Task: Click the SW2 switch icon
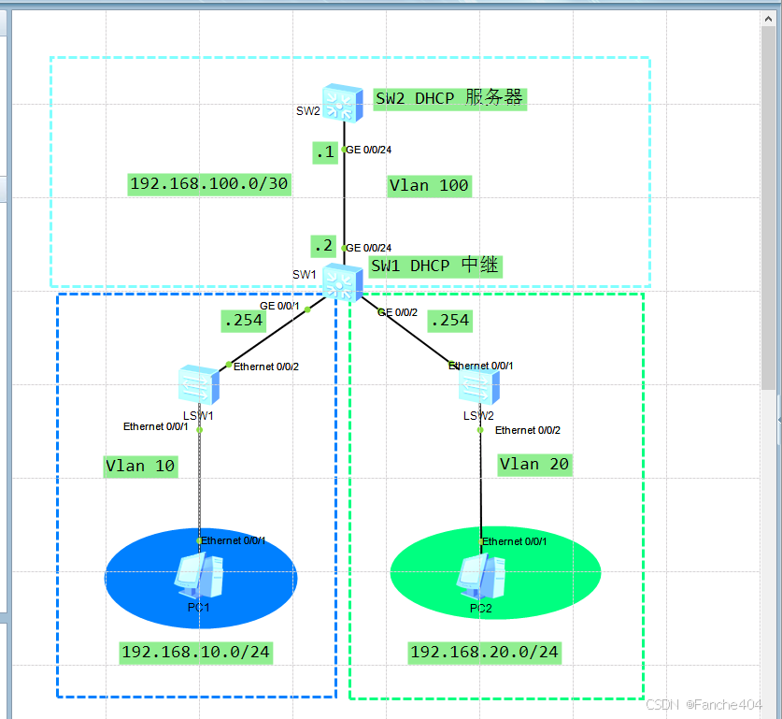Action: point(343,103)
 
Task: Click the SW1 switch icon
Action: point(343,281)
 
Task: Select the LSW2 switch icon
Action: point(480,386)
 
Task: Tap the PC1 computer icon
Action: point(199,576)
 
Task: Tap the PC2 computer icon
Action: point(480,576)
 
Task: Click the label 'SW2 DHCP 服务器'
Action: point(449,98)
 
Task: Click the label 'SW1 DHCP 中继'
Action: point(435,266)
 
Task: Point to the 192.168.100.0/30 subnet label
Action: point(209,184)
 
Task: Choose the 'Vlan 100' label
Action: point(429,185)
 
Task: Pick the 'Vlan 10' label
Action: point(140,466)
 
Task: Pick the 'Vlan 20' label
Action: point(533,464)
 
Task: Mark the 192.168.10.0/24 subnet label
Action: point(196,652)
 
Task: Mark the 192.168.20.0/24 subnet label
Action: point(485,652)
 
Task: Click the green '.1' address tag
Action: point(325,152)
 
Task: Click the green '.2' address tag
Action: point(323,246)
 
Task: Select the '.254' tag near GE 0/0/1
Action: point(242,321)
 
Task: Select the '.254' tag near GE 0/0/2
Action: point(448,320)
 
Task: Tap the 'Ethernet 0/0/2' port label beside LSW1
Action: point(265,367)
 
